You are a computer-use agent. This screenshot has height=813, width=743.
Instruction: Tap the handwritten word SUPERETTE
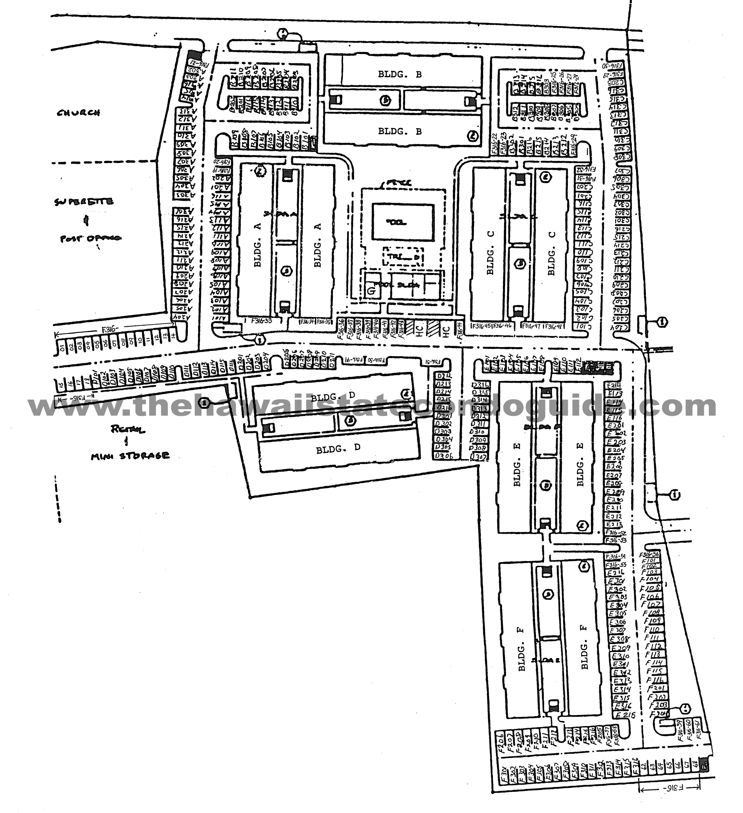(x=84, y=202)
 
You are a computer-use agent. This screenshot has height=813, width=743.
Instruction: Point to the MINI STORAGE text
(x=130, y=456)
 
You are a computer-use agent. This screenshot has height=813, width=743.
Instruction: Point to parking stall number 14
(x=173, y=335)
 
